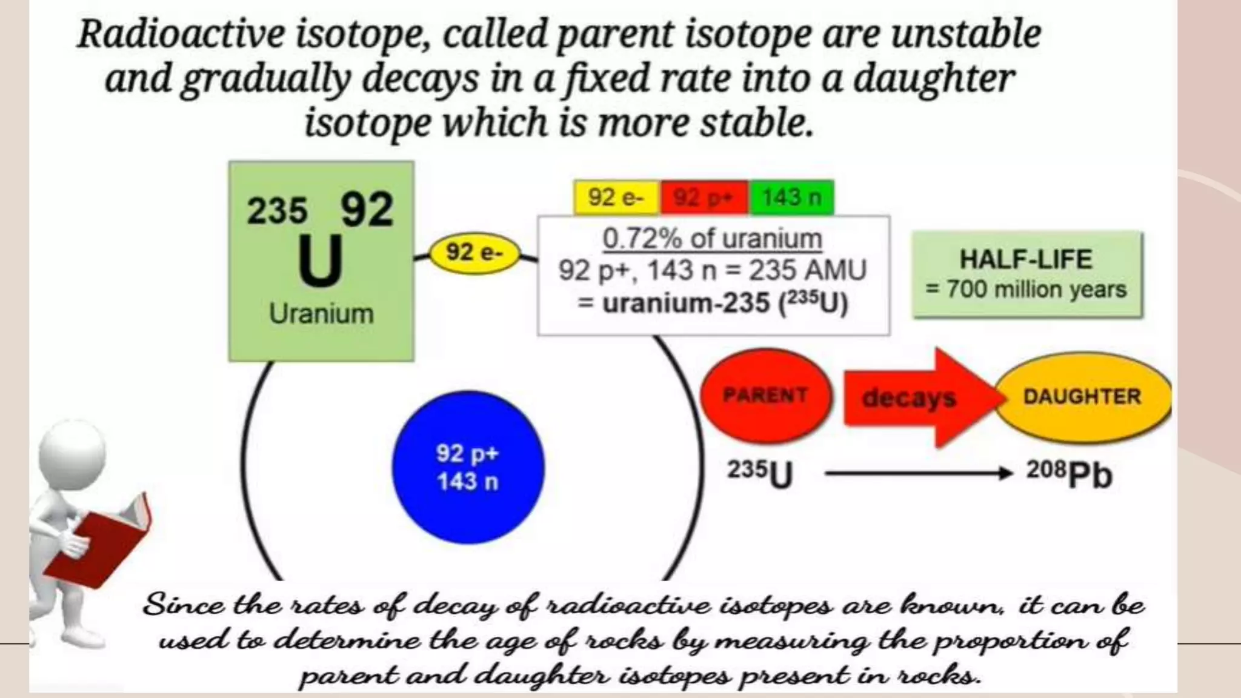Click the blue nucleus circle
click(468, 467)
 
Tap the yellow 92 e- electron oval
click(474, 253)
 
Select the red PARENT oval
click(765, 396)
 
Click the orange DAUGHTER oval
click(1083, 397)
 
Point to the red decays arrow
click(915, 397)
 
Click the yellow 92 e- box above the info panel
click(616, 198)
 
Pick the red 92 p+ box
click(704, 198)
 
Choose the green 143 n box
click(791, 198)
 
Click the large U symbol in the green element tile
click(320, 261)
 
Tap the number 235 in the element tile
click(277, 211)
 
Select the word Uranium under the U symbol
click(321, 314)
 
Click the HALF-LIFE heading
click(1026, 259)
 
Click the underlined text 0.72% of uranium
click(712, 239)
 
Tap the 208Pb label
click(1069, 474)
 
